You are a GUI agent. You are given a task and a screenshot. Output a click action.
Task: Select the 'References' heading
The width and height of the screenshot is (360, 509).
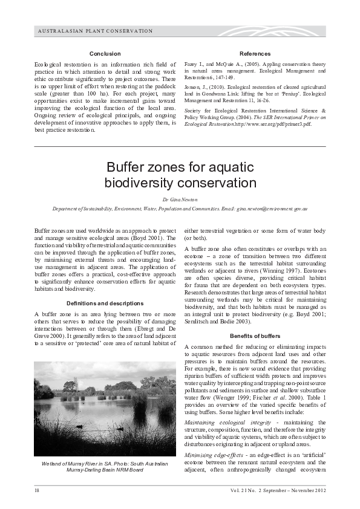click(x=255, y=54)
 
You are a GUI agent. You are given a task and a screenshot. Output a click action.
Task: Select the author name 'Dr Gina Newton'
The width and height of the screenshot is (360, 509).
click(x=179, y=198)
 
